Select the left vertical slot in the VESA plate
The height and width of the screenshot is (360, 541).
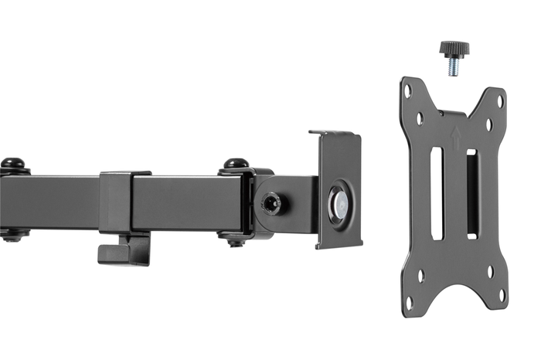tap(437, 193)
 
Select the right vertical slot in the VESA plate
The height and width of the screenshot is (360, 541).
tap(471, 194)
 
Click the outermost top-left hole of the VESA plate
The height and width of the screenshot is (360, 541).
tap(407, 91)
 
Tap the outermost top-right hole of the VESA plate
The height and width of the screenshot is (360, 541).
tap(499, 100)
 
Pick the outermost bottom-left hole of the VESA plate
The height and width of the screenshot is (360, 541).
tap(409, 301)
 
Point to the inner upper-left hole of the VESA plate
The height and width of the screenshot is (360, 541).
tap(420, 119)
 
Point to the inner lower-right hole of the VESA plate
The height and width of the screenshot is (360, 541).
tap(490, 271)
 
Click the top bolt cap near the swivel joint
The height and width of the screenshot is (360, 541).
tap(236, 164)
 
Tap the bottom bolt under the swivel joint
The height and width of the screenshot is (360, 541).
tap(236, 240)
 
